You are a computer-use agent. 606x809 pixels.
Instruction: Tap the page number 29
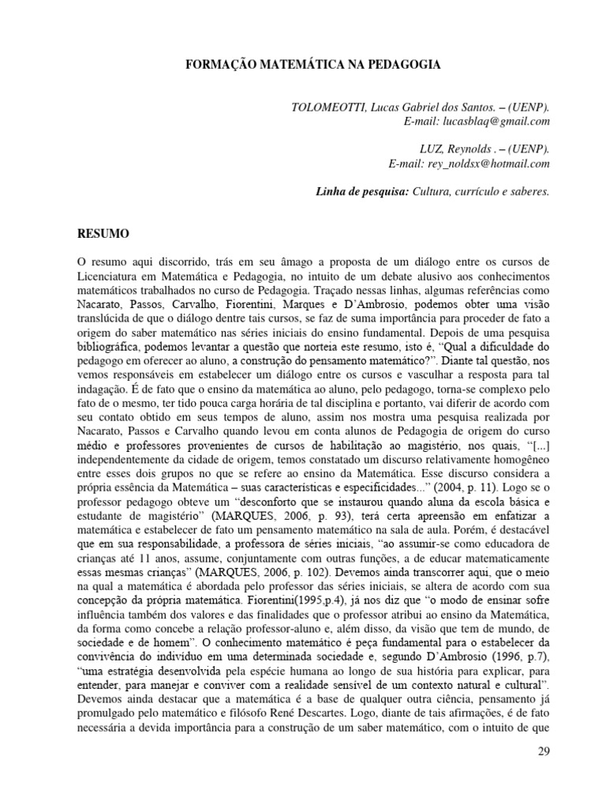542,751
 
